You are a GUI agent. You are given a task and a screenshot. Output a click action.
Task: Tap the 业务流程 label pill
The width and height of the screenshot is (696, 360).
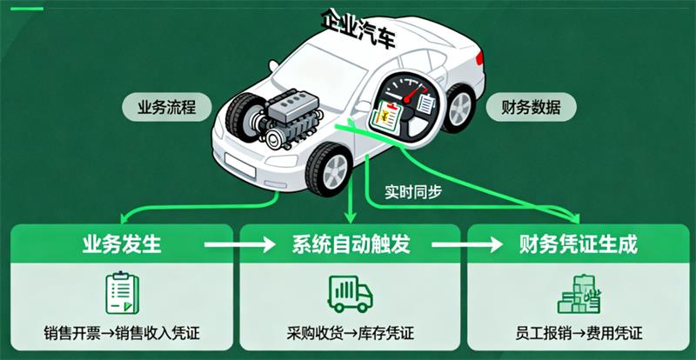[163, 108]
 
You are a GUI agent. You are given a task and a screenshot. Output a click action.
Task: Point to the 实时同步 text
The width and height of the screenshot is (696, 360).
[412, 191]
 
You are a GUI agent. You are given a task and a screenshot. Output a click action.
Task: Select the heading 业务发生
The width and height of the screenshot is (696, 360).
[122, 243]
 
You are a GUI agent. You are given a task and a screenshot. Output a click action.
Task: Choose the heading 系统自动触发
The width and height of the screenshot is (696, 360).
[351, 243]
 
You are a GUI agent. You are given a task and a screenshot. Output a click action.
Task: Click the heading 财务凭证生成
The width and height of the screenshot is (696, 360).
[578, 243]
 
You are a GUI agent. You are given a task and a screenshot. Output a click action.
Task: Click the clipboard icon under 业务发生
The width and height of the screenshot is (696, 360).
[122, 292]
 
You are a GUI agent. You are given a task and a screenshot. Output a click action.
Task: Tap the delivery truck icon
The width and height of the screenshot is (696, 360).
[350, 293]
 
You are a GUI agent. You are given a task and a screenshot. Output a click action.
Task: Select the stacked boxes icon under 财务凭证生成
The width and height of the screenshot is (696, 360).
[579, 292]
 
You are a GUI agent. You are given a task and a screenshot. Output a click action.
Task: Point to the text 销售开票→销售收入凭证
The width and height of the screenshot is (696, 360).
[122, 333]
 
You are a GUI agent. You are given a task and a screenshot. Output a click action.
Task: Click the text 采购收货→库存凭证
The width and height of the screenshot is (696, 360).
[350, 333]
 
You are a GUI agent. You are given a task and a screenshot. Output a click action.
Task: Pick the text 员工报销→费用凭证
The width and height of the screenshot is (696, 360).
[579, 333]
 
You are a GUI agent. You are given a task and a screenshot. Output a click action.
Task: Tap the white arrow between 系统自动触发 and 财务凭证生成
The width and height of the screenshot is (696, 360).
[468, 244]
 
